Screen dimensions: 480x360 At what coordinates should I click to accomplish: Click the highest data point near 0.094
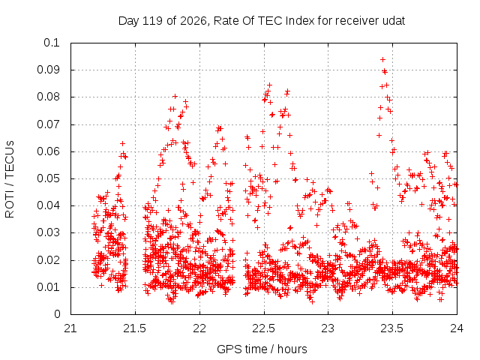[382, 60]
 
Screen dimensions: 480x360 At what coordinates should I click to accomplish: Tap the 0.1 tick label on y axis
[52, 43]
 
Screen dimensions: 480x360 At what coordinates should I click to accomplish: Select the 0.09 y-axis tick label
[48, 70]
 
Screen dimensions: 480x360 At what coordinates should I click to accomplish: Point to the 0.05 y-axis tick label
[48, 178]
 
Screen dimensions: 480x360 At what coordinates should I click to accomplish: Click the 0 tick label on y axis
[57, 314]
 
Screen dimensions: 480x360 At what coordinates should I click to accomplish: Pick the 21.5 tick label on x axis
[135, 328]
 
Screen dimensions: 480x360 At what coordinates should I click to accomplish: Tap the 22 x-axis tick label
[199, 328]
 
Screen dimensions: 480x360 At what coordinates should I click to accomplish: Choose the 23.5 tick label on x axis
[392, 328]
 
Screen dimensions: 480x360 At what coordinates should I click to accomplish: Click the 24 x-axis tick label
[457, 328]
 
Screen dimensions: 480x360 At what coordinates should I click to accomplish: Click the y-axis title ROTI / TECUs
[10, 179]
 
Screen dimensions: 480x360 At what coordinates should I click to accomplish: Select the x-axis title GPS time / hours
[262, 349]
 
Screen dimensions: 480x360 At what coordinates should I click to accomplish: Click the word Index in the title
[300, 21]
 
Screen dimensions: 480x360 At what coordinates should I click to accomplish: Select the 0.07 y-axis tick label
[48, 124]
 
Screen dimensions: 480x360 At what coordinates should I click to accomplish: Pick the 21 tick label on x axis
[70, 328]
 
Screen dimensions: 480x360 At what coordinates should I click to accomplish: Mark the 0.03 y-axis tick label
[48, 232]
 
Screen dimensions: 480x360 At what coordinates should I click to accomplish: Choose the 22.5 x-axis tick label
[264, 328]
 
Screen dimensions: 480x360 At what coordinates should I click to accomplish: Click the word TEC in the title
[271, 21]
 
